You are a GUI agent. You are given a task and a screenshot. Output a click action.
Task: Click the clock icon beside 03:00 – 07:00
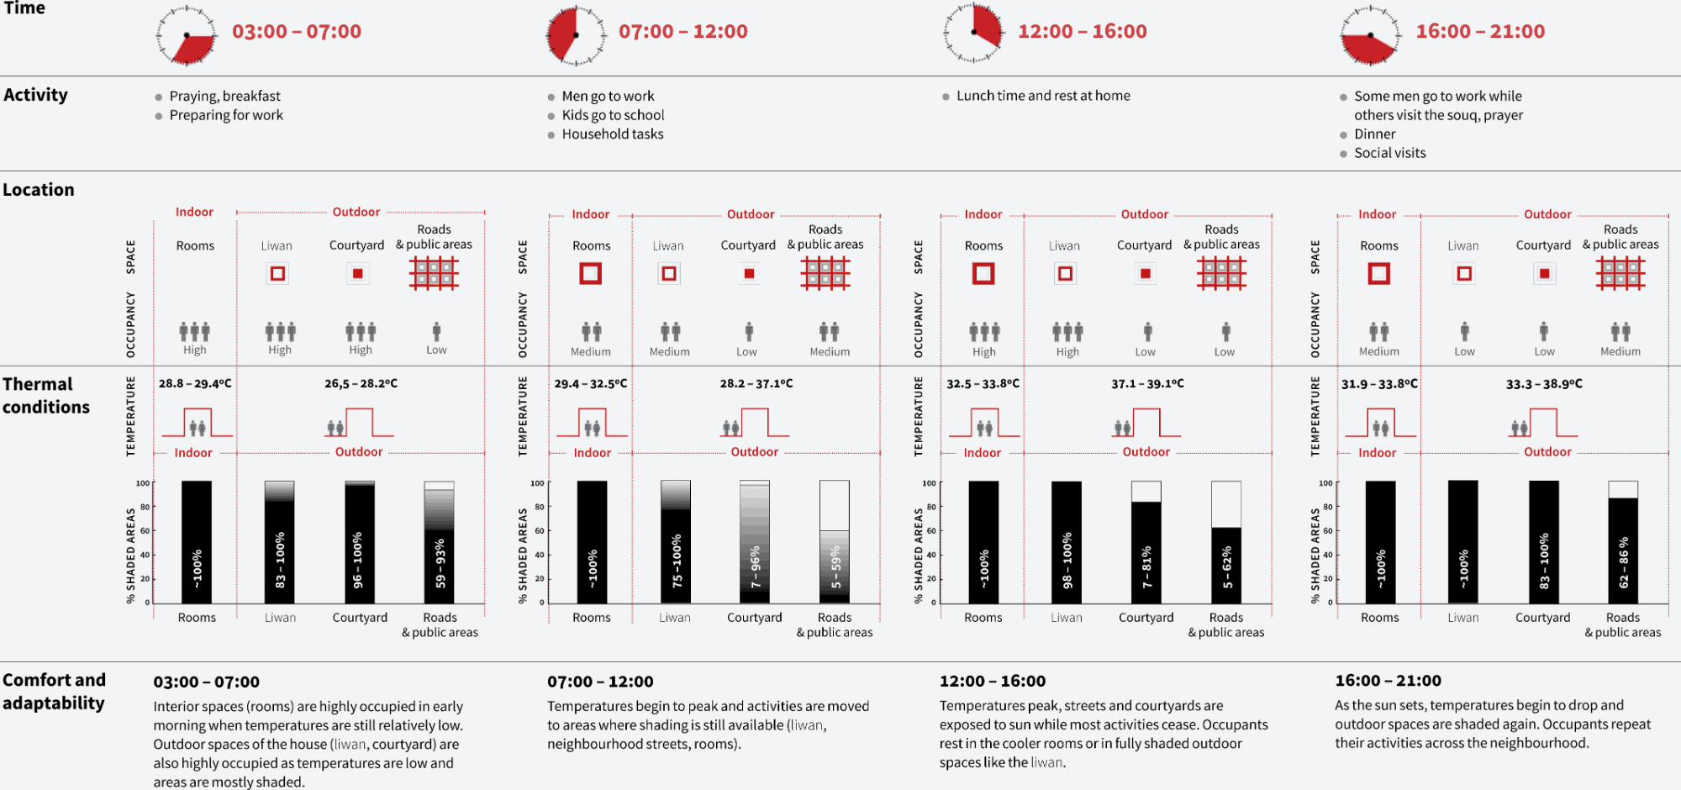tap(185, 35)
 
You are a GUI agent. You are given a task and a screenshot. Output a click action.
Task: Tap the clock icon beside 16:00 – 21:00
tap(1370, 35)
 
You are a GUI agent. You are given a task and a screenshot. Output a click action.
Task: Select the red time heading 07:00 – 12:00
tap(682, 32)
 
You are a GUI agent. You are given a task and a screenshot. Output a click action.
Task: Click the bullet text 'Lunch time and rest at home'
tap(1043, 96)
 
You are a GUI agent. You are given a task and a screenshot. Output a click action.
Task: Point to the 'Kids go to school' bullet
tap(613, 115)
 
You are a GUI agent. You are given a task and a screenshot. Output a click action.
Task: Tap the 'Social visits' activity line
tap(1389, 153)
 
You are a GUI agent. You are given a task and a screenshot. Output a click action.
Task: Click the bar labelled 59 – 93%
tap(439, 542)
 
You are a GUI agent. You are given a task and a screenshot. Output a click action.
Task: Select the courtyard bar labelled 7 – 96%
tap(754, 542)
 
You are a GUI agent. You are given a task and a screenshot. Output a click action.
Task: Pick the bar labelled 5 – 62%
tap(1225, 542)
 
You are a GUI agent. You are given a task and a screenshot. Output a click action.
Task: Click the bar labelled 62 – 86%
tap(1622, 542)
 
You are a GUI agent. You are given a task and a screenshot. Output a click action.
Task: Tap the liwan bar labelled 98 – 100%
tap(1067, 542)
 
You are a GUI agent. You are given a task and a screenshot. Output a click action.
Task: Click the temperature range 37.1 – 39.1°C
tap(1147, 383)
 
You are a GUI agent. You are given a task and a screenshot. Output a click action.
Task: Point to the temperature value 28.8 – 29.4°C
tap(195, 383)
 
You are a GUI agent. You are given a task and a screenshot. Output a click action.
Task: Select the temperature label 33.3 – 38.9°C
tap(1544, 383)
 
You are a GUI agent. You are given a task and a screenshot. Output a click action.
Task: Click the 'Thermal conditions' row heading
tap(46, 395)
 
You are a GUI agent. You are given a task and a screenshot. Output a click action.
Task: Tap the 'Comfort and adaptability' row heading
tap(54, 691)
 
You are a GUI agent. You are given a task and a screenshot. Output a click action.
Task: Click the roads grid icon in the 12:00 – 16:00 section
tap(1221, 273)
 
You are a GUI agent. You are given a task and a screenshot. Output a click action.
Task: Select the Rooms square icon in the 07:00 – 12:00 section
tap(591, 273)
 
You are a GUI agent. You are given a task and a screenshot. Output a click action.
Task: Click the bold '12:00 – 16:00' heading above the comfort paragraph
tap(993, 681)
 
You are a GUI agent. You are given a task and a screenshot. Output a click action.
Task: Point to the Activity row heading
tap(35, 95)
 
